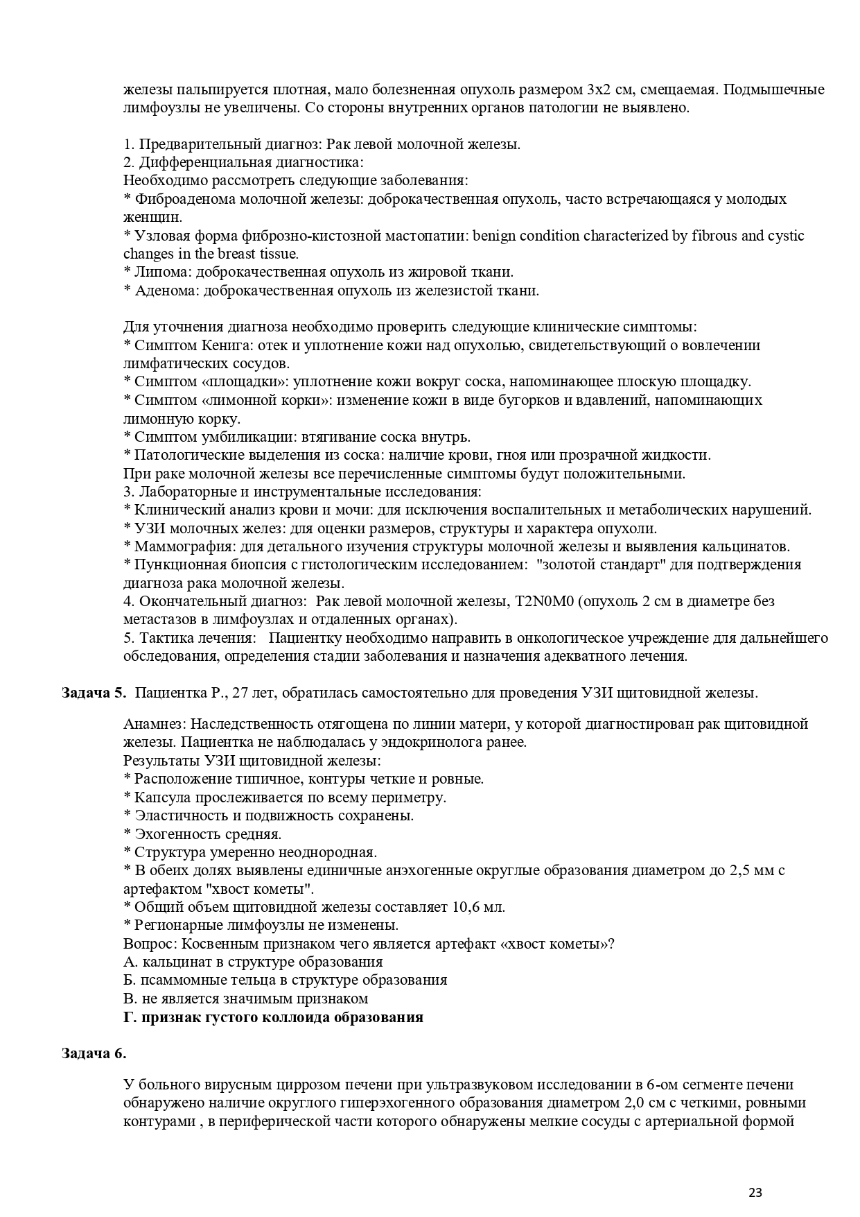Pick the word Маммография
(x=177, y=546)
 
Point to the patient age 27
(x=243, y=693)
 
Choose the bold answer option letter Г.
(x=128, y=1017)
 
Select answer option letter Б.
(x=128, y=980)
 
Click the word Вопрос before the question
(x=148, y=944)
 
